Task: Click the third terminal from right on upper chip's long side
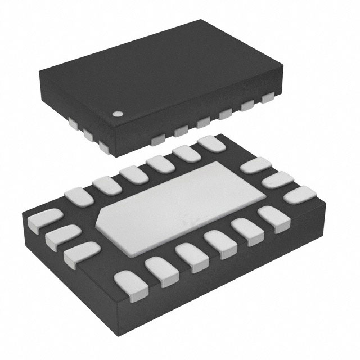pos(227,114)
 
